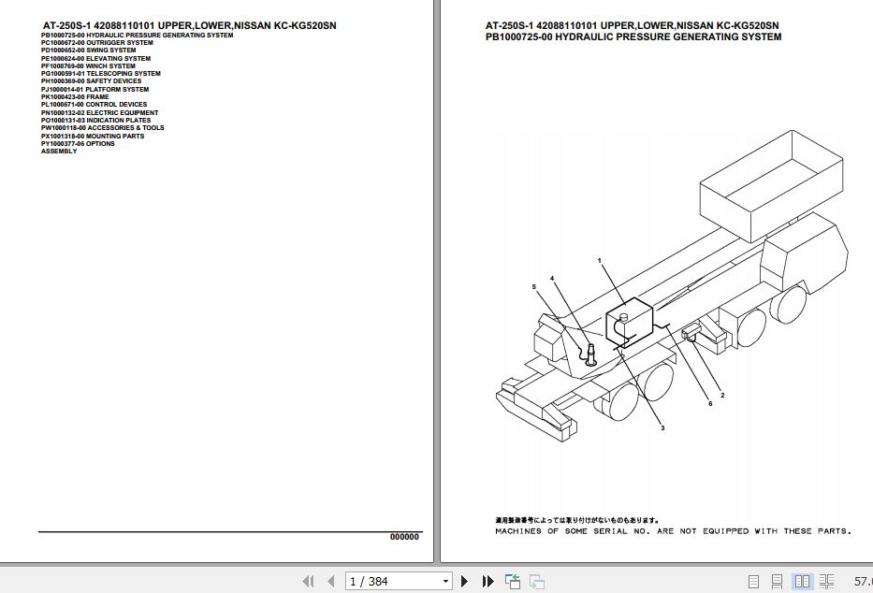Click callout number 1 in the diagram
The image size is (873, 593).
click(599, 260)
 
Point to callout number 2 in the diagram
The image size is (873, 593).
click(721, 396)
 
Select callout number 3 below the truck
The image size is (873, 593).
click(662, 427)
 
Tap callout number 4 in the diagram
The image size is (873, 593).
click(552, 278)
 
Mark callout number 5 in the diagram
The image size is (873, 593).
click(534, 286)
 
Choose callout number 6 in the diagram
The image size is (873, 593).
click(710, 404)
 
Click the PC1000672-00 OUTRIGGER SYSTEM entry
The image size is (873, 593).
click(97, 42)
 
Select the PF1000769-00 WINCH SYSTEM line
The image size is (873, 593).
click(88, 65)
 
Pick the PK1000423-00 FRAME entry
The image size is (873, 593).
click(75, 96)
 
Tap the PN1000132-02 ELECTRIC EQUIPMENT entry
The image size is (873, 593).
click(99, 112)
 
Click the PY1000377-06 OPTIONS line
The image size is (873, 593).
click(78, 143)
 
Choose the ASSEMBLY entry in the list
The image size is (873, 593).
click(59, 152)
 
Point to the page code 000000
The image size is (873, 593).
click(404, 537)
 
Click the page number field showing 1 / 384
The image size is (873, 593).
click(398, 581)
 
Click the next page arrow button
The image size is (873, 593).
click(465, 581)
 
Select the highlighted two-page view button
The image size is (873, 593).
click(801, 581)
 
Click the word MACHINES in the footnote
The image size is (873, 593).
click(517, 531)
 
